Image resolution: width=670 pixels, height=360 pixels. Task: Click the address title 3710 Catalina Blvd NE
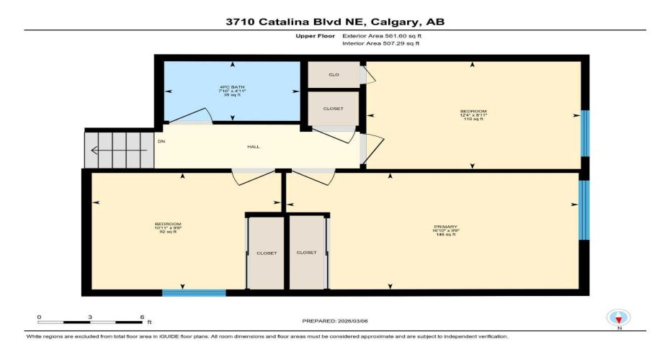334,22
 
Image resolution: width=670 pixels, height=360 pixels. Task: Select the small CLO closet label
334,74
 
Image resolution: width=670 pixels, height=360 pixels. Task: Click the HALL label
254,147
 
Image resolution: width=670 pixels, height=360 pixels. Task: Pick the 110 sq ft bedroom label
473,114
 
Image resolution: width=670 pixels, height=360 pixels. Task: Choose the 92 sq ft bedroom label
168,228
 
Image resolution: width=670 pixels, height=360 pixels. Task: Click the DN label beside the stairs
161,141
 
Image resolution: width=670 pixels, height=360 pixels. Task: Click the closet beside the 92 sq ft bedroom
267,253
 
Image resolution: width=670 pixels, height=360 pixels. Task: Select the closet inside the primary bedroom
306,253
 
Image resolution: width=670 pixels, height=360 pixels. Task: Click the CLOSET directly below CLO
333,109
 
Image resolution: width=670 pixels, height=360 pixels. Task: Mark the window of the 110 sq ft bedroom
585,133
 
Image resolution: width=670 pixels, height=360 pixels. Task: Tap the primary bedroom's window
584,210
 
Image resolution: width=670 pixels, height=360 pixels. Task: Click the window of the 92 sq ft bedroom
194,293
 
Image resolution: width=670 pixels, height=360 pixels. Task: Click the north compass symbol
619,318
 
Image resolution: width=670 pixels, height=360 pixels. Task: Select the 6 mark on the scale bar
142,317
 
